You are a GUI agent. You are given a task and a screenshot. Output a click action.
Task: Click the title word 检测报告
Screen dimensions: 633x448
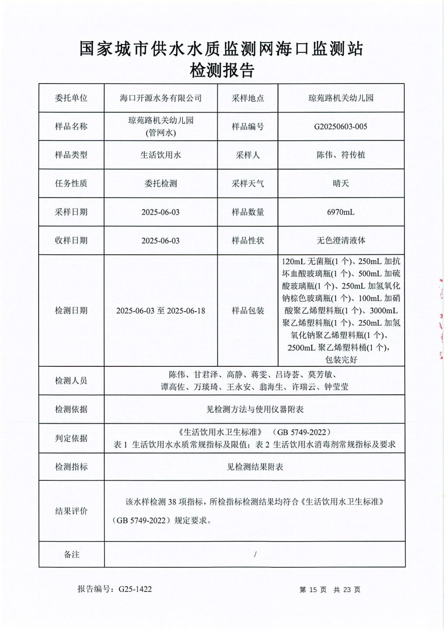pos(222,70)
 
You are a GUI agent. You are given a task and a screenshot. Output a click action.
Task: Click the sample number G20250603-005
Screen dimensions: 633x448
pos(340,127)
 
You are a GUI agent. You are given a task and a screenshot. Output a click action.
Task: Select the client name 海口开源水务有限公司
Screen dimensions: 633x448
pos(161,98)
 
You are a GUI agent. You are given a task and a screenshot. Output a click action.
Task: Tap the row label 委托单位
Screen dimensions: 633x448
pos(71,98)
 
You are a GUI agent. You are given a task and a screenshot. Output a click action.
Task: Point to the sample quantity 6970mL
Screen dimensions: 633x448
pos(340,212)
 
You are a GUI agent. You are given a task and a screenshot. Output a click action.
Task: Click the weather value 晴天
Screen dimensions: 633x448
pos(340,184)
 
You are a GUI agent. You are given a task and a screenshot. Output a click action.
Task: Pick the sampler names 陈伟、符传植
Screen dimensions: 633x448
pos(340,155)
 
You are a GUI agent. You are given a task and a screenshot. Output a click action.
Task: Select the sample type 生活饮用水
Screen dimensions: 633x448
pos(161,155)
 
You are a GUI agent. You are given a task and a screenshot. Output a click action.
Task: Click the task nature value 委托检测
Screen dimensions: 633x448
pos(161,184)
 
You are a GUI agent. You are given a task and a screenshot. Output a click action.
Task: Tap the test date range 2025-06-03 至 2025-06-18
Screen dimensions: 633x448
pos(161,311)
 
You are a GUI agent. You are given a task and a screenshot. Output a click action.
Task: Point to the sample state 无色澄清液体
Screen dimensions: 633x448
pos(340,240)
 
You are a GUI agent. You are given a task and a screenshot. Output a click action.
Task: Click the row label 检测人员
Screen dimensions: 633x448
pos(71,381)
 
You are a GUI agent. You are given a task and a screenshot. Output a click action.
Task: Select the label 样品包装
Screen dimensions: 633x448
pos(248,311)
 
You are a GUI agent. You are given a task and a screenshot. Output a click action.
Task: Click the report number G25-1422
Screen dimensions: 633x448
pos(135,589)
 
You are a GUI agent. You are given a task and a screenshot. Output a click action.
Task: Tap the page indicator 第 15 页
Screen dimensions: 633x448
pos(313,590)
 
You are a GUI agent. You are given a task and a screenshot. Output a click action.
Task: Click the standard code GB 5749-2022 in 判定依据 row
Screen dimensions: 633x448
pos(301,432)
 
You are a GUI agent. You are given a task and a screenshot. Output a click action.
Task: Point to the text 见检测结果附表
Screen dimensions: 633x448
pos(255,467)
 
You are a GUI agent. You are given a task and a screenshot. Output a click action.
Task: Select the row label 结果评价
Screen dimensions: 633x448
pos(71,511)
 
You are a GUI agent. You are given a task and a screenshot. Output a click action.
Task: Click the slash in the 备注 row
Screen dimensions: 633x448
pos(255,554)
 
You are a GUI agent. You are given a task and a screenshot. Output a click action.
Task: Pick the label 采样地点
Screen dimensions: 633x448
pos(248,98)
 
